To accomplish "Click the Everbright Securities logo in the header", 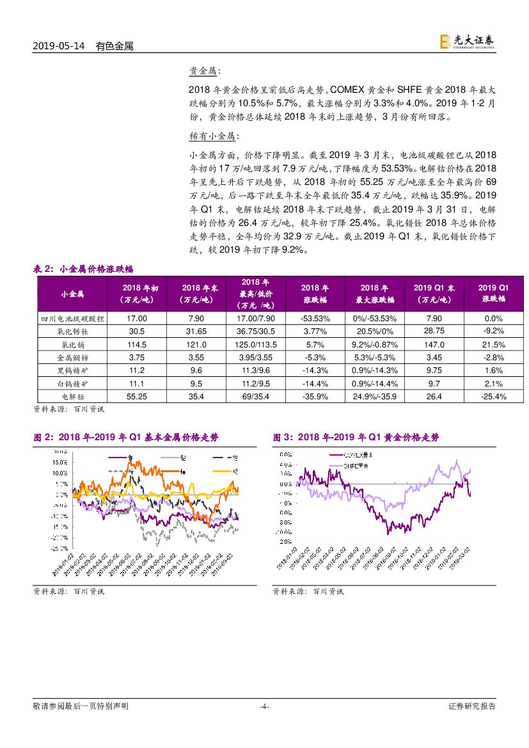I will click(x=467, y=42).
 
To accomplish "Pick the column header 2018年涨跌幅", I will click(x=315, y=294).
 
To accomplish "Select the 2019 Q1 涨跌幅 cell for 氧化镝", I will click(x=493, y=344).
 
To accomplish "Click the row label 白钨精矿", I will click(x=72, y=384).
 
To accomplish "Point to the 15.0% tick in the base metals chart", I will click(x=59, y=462).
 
